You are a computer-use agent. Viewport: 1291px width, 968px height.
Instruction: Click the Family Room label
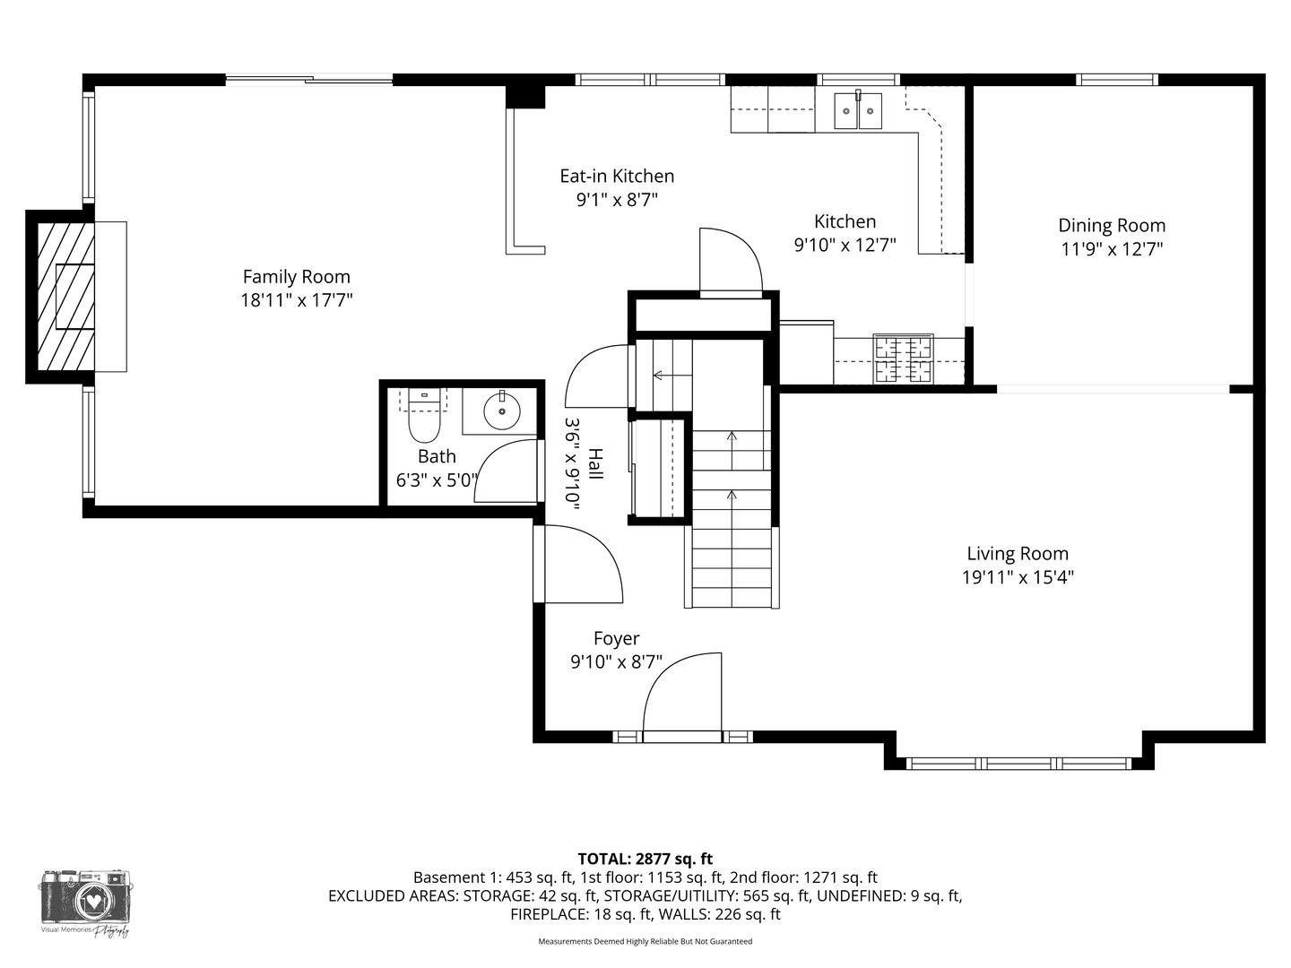296,277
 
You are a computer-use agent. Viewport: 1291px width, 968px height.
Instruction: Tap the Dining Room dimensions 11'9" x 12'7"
1111,249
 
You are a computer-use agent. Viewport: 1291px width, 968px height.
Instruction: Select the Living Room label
1018,554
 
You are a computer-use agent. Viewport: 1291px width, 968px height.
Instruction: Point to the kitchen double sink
858,111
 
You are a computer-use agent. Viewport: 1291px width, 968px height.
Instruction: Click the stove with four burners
904,359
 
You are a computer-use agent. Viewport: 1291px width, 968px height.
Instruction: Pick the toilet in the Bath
424,416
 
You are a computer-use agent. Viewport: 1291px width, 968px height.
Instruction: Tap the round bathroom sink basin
502,411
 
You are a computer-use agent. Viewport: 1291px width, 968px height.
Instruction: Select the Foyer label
617,638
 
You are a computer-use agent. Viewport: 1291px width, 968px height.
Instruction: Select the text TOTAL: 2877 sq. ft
645,860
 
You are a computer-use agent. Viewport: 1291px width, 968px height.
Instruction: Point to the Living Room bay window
1018,764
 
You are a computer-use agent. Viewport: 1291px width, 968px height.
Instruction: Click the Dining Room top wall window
1117,80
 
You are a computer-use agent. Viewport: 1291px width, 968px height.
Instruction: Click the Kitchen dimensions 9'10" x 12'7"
845,245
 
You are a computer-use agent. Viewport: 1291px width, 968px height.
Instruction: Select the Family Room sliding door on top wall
309,80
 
